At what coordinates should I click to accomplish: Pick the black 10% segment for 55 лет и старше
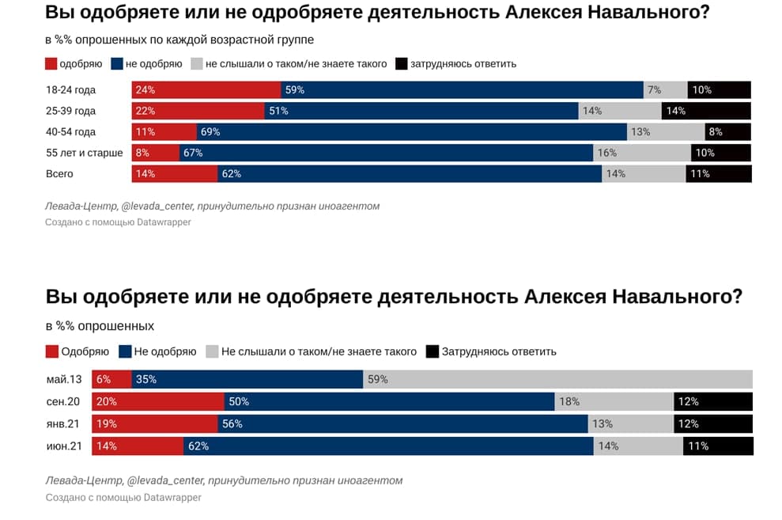click(x=720, y=153)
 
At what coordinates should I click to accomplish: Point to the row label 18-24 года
click(x=71, y=90)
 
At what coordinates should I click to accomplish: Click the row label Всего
click(x=60, y=173)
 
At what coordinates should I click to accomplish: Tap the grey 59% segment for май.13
click(x=558, y=380)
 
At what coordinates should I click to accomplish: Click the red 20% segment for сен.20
click(x=158, y=401)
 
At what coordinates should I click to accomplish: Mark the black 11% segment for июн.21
click(x=718, y=446)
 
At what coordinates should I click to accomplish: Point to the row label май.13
click(x=64, y=380)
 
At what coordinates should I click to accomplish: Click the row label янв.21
click(x=65, y=423)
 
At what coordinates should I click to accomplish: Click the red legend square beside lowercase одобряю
click(x=51, y=63)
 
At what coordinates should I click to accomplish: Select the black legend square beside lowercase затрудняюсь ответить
click(x=401, y=63)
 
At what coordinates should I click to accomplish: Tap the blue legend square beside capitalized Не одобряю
click(x=124, y=351)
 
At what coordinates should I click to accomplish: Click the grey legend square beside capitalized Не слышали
click(x=211, y=351)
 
